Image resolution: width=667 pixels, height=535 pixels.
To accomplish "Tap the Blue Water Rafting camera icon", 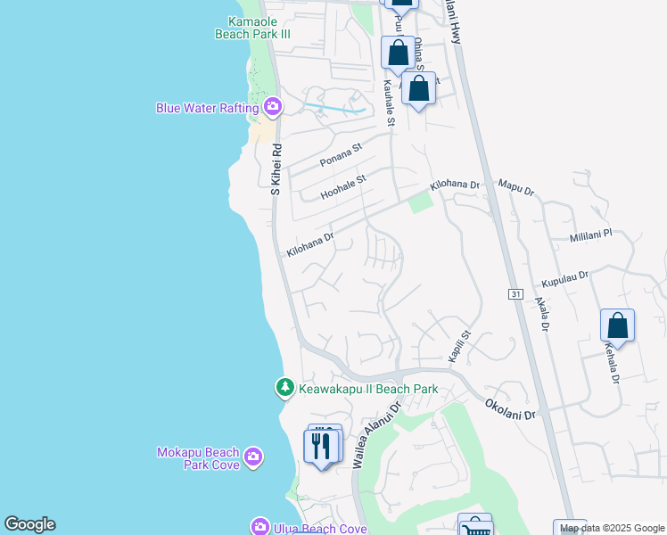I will click(x=273, y=108).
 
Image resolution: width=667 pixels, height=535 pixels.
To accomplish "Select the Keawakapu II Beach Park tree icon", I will click(x=284, y=388).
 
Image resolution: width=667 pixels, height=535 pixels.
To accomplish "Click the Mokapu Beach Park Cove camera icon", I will click(x=254, y=457).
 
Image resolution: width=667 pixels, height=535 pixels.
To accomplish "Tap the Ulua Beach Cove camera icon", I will click(x=259, y=527).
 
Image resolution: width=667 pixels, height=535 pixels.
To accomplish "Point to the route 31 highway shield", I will click(x=515, y=294).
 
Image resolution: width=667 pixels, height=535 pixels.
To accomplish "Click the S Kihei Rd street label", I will click(x=276, y=169).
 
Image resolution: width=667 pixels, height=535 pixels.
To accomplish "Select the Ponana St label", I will click(x=341, y=155).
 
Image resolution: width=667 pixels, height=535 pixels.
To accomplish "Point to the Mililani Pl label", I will click(x=591, y=236).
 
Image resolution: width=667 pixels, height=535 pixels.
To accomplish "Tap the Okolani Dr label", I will click(x=509, y=409).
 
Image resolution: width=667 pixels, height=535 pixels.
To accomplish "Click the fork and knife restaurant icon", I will click(x=322, y=444).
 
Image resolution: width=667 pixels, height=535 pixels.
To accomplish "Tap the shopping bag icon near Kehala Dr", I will click(x=617, y=326).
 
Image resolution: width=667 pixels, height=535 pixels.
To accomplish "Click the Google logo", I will click(x=29, y=524).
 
